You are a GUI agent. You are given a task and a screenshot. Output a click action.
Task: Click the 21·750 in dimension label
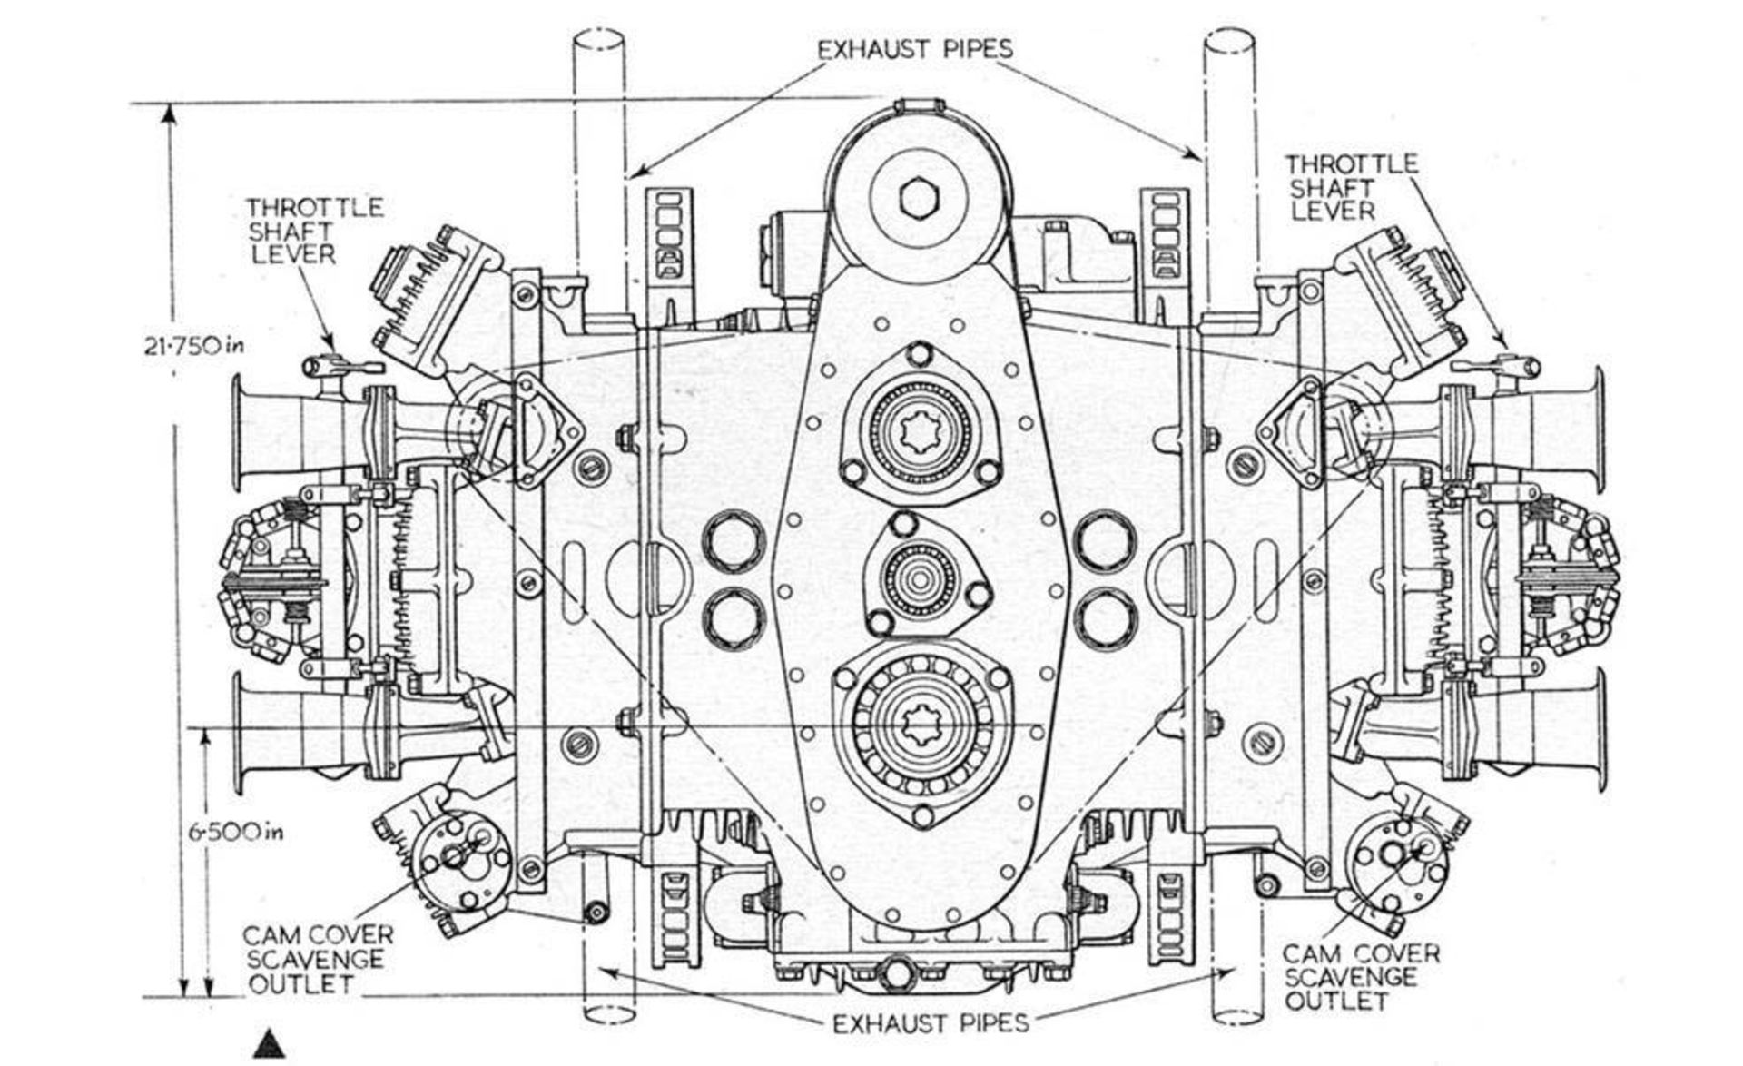pyautogui.click(x=195, y=346)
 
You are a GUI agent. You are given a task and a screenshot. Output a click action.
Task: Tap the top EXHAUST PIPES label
pyautogui.click(x=915, y=48)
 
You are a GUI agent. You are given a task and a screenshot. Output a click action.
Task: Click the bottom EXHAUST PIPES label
pyautogui.click(x=931, y=1023)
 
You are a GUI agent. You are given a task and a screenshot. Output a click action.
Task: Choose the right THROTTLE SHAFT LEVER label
pyautogui.click(x=1350, y=187)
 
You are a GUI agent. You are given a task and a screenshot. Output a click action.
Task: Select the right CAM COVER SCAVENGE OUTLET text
pyautogui.click(x=1361, y=978)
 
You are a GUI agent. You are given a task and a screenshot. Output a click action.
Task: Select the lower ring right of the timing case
pyautogui.click(x=1105, y=618)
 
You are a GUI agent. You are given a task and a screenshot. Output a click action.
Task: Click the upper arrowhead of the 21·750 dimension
pyautogui.click(x=168, y=114)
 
